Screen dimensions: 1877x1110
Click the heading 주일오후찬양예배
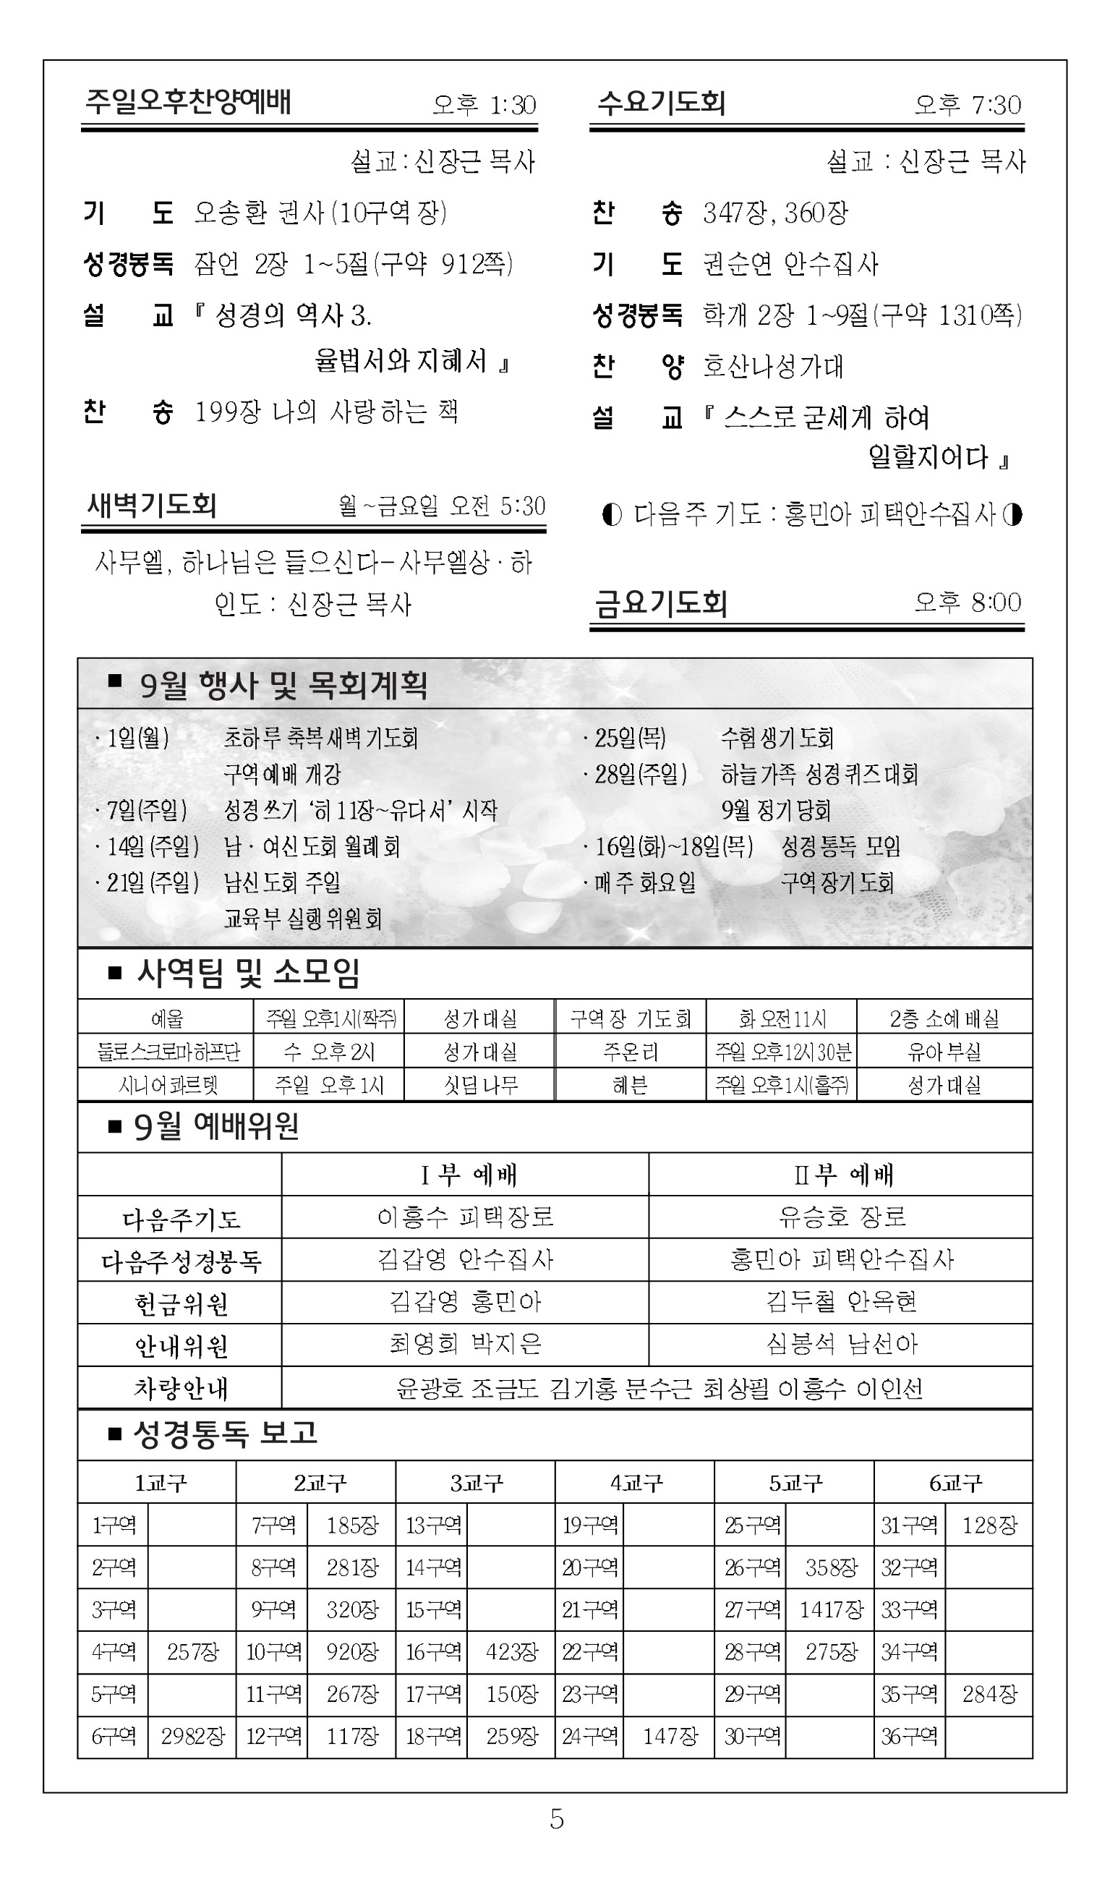click(x=188, y=102)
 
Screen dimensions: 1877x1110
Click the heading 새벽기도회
click(x=152, y=506)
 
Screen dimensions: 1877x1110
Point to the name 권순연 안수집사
click(x=790, y=264)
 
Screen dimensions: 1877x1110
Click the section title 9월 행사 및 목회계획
click(x=283, y=685)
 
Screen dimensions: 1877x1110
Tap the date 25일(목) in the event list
click(x=630, y=739)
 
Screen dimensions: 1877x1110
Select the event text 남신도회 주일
click(x=282, y=882)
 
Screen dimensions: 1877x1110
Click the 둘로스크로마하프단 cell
click(x=168, y=1052)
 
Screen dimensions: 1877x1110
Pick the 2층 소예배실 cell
click(x=944, y=1019)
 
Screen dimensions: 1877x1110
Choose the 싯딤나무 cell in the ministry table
click(x=480, y=1085)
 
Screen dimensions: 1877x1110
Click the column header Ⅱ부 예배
click(x=842, y=1175)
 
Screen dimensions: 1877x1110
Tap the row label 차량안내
click(x=180, y=1389)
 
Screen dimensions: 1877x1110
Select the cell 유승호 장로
click(x=842, y=1217)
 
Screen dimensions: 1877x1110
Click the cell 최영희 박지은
click(x=465, y=1345)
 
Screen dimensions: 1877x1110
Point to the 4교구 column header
click(x=636, y=1483)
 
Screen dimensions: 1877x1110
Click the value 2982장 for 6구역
click(x=192, y=1737)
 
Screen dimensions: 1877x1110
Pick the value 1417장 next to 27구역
click(x=831, y=1610)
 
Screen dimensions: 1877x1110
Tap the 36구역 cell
click(x=909, y=1737)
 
